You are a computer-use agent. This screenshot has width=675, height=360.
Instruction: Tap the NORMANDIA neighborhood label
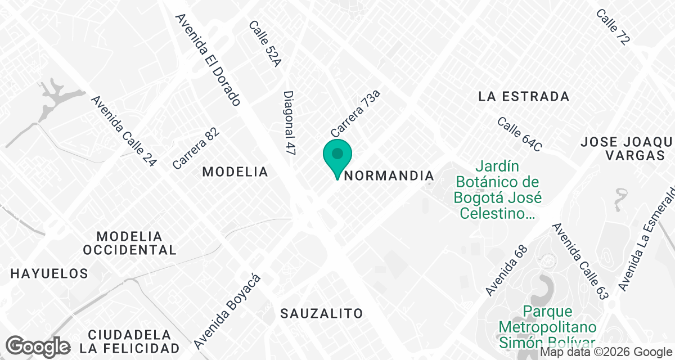tap(389, 175)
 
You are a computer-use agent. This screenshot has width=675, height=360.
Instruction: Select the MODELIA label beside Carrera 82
tap(235, 172)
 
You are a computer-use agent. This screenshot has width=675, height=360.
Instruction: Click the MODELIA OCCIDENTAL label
tap(129, 242)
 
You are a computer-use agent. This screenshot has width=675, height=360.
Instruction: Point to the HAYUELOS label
tap(49, 274)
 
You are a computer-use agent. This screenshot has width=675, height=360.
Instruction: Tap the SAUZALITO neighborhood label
tap(322, 313)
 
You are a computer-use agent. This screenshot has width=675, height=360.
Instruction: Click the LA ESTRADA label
tap(524, 96)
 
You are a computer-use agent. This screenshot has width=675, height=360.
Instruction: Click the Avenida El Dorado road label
tap(208, 60)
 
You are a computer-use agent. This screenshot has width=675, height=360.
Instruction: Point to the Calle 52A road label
tap(264, 44)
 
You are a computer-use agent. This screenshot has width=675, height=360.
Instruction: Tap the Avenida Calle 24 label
tap(124, 131)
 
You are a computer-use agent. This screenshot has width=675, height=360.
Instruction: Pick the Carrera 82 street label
tap(196, 148)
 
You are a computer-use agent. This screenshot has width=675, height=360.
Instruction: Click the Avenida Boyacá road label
tap(228, 310)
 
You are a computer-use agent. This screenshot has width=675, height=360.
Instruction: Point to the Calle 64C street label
tap(519, 134)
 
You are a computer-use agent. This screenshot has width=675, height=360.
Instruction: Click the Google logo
tap(38, 346)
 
